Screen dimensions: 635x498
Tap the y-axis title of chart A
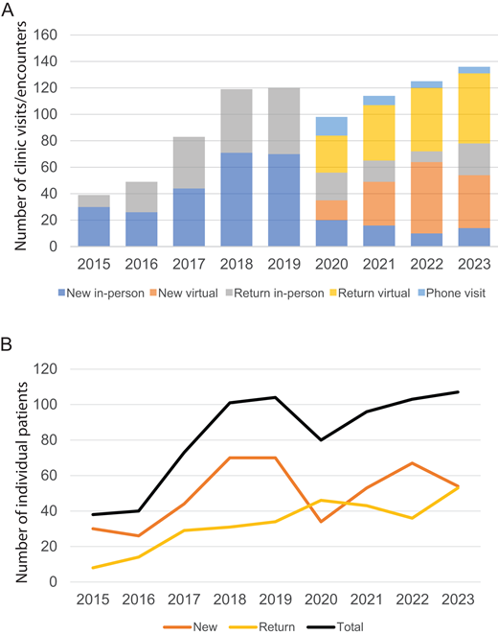point(17,140)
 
